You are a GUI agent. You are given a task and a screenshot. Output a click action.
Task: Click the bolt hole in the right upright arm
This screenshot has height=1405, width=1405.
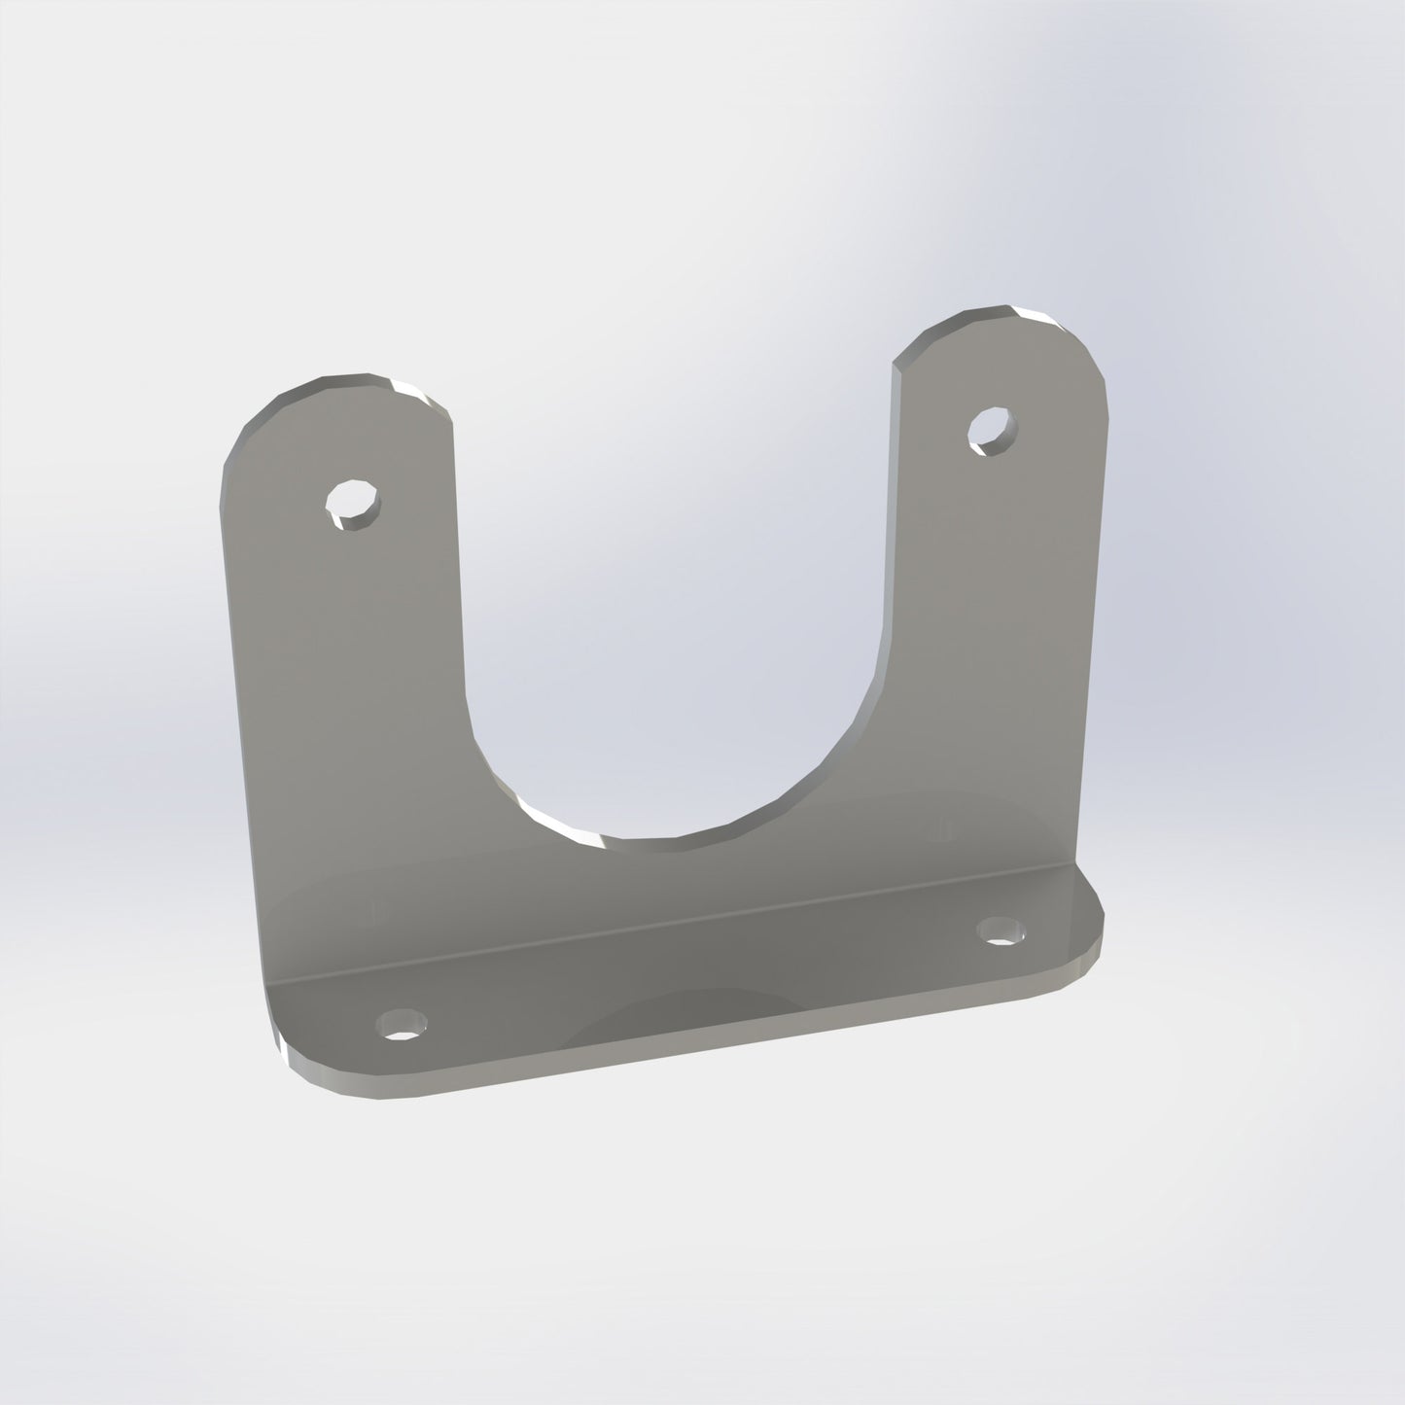(x=992, y=429)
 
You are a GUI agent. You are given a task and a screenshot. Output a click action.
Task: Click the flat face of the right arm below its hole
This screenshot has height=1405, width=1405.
(x=992, y=603)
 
